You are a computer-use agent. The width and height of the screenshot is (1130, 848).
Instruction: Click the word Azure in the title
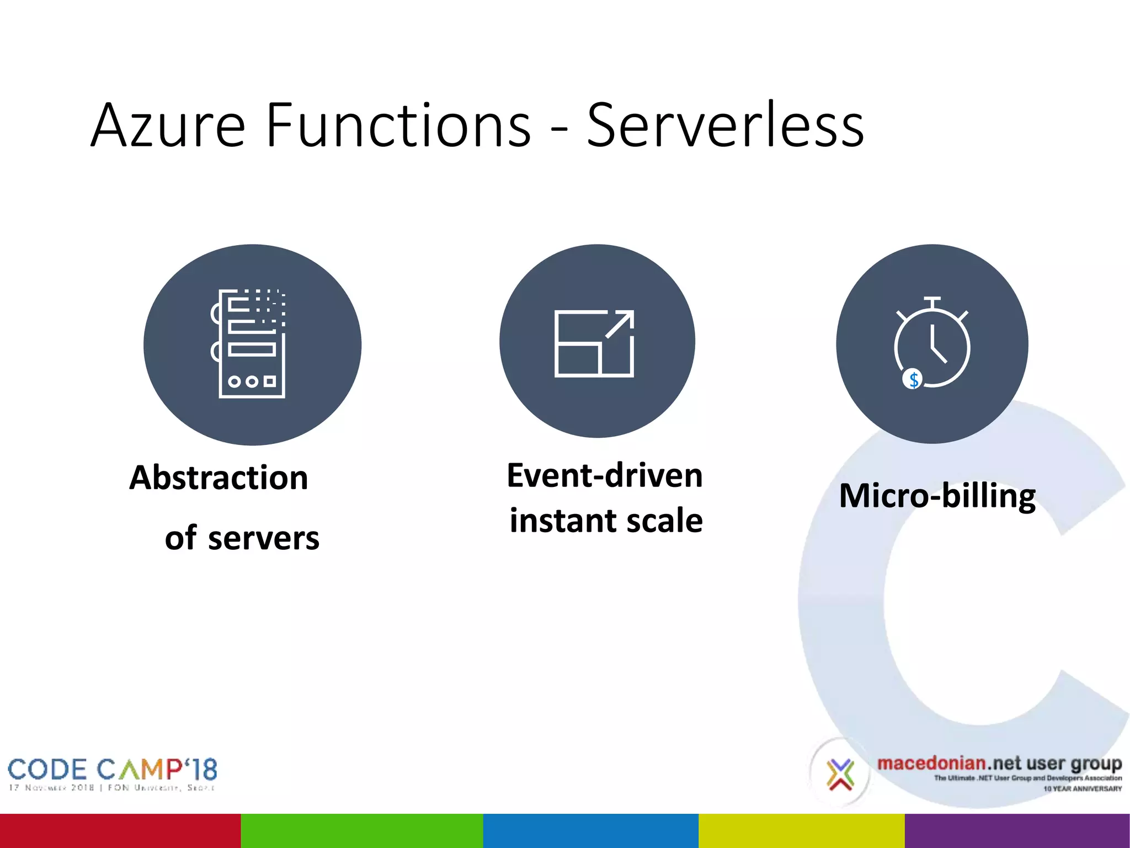(168, 126)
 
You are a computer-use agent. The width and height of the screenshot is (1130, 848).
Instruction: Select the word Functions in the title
(398, 126)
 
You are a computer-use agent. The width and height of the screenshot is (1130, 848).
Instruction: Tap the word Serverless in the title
(725, 126)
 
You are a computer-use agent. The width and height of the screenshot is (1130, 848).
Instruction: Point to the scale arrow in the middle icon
(620, 324)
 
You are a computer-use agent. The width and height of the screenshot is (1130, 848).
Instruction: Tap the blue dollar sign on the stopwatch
(913, 380)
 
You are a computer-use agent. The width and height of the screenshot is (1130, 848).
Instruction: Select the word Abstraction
(218, 478)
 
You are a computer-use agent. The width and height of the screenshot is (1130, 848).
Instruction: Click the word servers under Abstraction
(263, 539)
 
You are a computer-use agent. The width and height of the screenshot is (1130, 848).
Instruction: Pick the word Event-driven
(605, 476)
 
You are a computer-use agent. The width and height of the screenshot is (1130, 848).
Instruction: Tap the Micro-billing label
(937, 496)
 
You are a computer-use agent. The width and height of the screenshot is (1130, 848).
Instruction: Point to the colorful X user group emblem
(840, 773)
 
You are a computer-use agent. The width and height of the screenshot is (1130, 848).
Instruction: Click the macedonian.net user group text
(999, 764)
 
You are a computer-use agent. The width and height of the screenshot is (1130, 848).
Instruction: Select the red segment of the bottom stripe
(120, 830)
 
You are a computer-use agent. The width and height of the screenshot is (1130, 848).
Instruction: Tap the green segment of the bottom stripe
(362, 830)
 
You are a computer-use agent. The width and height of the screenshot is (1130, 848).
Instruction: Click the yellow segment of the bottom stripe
(801, 830)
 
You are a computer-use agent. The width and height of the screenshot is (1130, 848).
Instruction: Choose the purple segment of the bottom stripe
(1017, 830)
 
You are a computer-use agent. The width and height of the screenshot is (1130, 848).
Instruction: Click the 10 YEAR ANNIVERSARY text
(1082, 789)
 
